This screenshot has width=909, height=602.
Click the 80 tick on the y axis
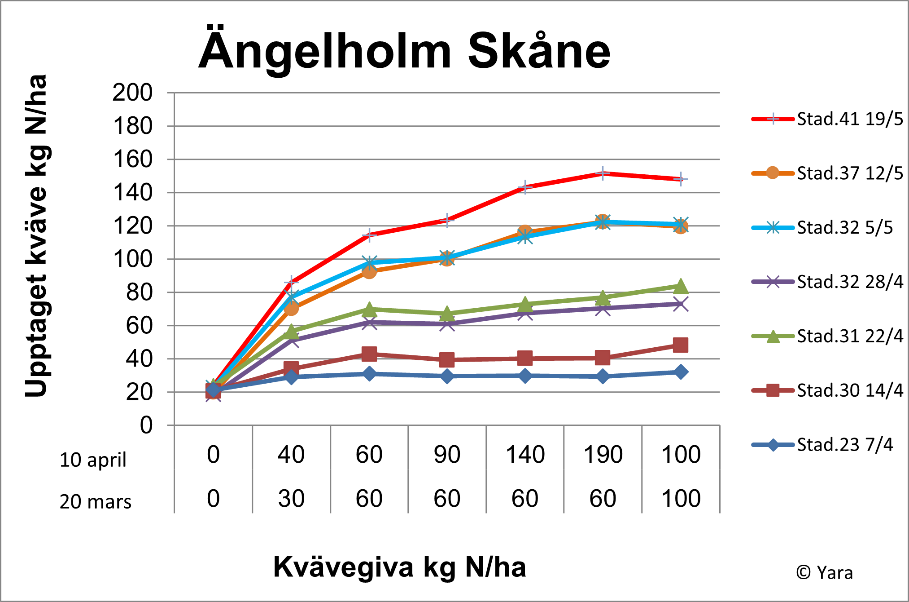tap(139, 292)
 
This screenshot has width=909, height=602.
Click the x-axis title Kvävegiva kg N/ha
tap(399, 567)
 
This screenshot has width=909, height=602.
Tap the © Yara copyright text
tap(825, 573)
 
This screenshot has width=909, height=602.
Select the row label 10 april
tap(93, 460)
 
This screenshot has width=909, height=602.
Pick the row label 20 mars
tap(95, 501)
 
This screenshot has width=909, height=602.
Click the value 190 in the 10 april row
tap(603, 454)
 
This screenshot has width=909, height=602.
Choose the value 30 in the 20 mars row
tap(291, 498)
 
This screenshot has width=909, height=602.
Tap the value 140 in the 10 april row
tap(525, 454)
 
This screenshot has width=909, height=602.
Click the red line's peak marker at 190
tap(603, 173)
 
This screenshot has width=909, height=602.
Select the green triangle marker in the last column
tap(681, 286)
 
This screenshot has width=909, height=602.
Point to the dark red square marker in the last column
tap(681, 345)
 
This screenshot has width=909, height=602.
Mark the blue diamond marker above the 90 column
tap(447, 376)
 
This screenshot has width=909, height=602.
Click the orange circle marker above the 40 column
tap(291, 308)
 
